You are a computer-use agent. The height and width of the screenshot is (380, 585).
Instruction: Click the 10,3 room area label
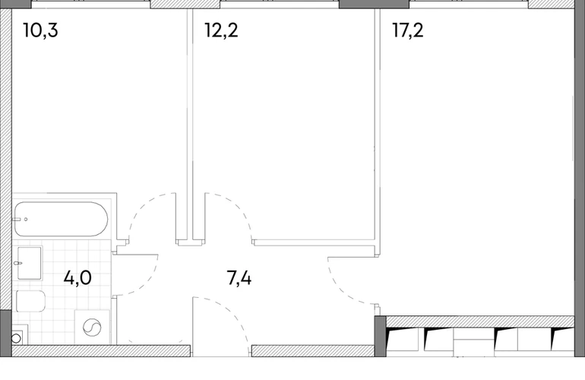(x=40, y=30)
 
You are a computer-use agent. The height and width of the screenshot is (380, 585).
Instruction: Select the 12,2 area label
(x=221, y=30)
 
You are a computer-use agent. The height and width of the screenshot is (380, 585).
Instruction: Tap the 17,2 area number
(x=408, y=30)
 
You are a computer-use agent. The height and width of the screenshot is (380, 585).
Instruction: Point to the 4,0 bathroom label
(x=77, y=278)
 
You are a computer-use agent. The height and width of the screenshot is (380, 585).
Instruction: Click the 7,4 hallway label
(x=239, y=278)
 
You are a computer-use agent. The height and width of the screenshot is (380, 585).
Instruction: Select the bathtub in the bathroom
(x=62, y=219)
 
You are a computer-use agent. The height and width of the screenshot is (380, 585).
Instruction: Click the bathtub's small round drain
(x=26, y=220)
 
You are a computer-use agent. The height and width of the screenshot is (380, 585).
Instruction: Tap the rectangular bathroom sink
(x=29, y=263)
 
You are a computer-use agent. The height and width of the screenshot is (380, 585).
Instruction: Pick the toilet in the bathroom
(x=31, y=301)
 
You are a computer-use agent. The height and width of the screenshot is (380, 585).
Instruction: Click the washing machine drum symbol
(x=92, y=328)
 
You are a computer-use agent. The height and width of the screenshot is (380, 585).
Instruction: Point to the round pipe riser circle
(x=16, y=338)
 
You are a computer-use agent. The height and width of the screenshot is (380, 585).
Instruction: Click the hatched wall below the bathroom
(x=101, y=351)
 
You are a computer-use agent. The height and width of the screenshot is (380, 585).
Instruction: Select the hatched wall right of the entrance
(x=313, y=351)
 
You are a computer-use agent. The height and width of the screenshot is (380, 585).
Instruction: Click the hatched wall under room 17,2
(x=480, y=321)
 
